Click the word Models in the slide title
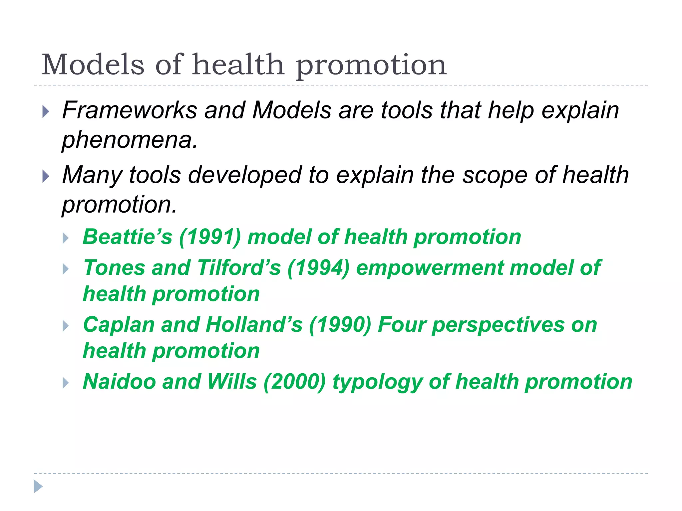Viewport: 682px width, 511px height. (93, 65)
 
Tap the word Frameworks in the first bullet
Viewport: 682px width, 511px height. (130, 110)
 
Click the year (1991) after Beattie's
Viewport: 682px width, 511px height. (210, 237)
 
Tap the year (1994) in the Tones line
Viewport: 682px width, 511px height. (318, 268)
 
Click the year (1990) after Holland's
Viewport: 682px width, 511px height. (340, 325)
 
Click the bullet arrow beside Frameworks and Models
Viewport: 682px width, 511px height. (46, 112)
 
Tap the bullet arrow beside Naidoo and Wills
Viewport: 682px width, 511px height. (66, 383)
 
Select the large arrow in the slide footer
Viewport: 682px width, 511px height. (38, 486)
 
